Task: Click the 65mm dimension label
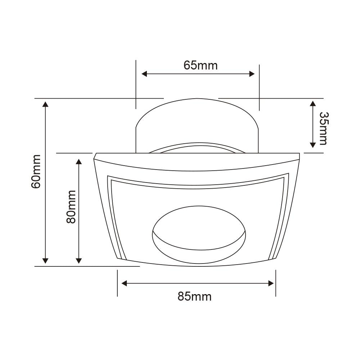(x=201, y=66)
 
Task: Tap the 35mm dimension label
(x=324, y=129)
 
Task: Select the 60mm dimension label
(x=36, y=171)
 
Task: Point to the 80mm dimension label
(x=71, y=207)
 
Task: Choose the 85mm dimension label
(x=194, y=297)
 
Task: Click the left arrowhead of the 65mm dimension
(x=144, y=74)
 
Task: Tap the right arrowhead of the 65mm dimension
(x=252, y=74)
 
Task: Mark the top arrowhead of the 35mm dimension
(x=313, y=104)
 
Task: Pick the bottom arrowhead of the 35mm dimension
(x=313, y=145)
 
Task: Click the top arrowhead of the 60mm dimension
(x=45, y=104)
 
